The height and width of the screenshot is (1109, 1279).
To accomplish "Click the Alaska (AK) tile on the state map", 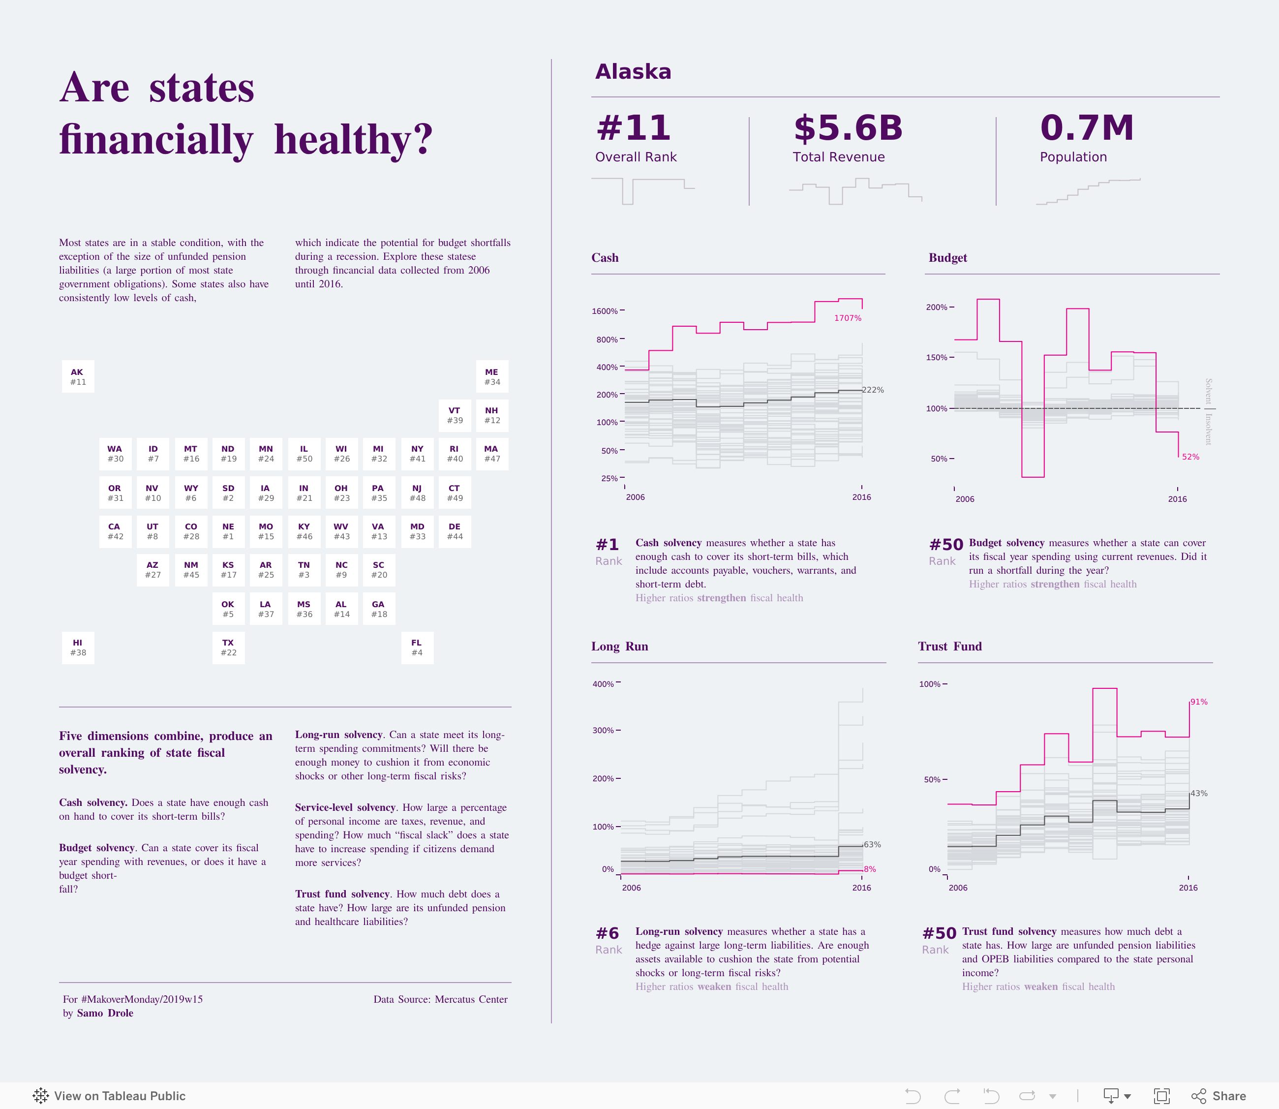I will (x=78, y=376).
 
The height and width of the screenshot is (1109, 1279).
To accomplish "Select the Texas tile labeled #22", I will (x=228, y=647).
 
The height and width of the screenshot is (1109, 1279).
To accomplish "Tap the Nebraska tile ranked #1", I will (x=228, y=531).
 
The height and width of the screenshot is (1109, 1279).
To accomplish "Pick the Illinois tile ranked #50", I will (x=304, y=454).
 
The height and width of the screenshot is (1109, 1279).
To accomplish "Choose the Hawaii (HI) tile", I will (x=78, y=647).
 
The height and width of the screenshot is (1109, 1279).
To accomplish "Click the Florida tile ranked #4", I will (x=417, y=647).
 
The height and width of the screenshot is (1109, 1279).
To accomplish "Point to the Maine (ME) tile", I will (x=492, y=376).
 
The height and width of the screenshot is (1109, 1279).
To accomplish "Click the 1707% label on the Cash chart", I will (x=847, y=318).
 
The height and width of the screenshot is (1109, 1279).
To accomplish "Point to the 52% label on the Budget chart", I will (x=1190, y=457).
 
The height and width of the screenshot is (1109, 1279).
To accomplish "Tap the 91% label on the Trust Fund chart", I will (x=1198, y=702).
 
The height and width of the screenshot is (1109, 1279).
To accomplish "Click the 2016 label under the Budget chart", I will (x=1177, y=499).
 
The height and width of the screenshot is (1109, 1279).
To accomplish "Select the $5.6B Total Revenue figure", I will (x=848, y=128).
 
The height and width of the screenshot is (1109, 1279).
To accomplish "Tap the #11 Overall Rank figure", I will (x=633, y=128).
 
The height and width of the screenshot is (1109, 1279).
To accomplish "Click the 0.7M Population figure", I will (x=1087, y=128).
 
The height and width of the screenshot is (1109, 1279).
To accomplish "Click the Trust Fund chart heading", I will (x=949, y=646).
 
